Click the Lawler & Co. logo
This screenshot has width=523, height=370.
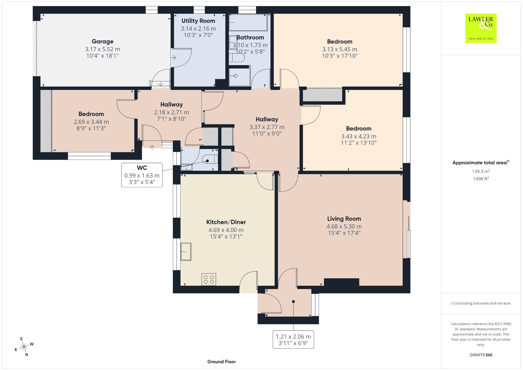click(481, 28)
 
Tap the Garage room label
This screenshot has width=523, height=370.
click(102, 41)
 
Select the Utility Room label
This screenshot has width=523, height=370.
click(198, 21)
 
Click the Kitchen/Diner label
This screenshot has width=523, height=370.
click(226, 222)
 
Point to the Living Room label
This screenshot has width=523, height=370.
click(344, 219)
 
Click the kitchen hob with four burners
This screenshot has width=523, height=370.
click(209, 279)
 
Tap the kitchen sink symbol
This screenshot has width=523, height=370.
click(186, 252)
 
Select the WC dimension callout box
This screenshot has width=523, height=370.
click(142, 175)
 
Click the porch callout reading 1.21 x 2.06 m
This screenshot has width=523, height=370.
click(293, 340)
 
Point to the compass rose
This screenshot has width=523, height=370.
click(24, 347)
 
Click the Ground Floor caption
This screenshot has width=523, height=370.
click(221, 362)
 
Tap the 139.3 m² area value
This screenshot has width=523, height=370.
click(481, 171)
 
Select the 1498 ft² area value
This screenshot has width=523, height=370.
click(481, 179)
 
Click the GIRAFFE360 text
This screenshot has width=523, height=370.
click(481, 355)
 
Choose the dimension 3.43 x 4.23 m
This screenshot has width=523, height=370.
click(359, 136)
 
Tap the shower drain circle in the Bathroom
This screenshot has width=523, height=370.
click(235, 76)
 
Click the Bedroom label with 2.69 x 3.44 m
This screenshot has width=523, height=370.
click(91, 114)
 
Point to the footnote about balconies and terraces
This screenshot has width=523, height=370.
click(481, 303)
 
